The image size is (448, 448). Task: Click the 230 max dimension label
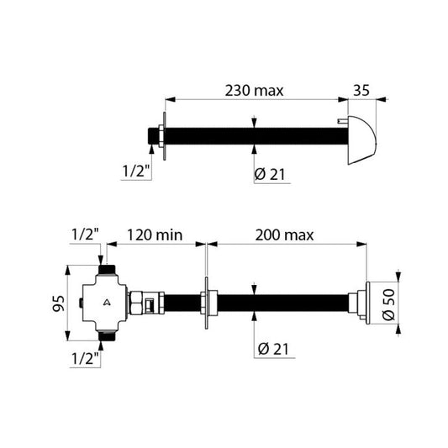point(254,91)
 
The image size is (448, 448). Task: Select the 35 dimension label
point(361,90)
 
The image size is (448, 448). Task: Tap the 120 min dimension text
point(155,235)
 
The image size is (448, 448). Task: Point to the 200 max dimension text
point(284,235)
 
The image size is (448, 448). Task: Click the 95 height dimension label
point(59,303)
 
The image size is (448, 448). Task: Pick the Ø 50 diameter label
point(388,305)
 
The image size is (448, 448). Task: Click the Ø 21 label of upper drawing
point(270,174)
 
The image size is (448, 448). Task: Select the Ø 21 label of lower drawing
point(273,349)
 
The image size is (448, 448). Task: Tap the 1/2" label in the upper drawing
point(136,171)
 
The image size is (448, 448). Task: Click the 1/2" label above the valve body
point(85,235)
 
